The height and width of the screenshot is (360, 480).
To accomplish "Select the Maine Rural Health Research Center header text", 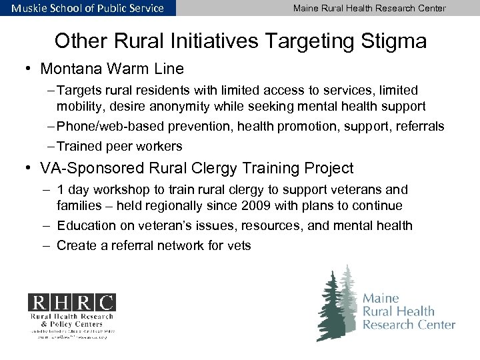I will [x=369, y=8].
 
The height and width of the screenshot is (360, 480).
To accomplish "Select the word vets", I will [x=238, y=246].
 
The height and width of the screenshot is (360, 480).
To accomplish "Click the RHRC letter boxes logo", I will [x=71, y=301].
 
